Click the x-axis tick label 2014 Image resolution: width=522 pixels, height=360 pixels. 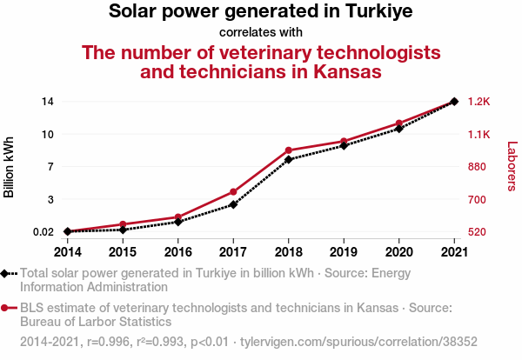click(68, 252)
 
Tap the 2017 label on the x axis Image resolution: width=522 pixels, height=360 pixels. click(233, 252)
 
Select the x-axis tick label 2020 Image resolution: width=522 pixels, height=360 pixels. click(398, 252)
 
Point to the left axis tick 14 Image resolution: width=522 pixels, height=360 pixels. click(47, 101)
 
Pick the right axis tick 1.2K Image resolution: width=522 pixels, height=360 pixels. click(479, 101)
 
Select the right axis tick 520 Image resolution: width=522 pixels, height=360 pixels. click(478, 232)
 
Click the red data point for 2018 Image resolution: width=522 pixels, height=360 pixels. click(288, 150)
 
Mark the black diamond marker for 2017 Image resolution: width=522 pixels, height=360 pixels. click(233, 204)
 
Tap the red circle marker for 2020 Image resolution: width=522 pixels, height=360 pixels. click(398, 123)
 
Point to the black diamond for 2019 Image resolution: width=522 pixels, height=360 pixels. click(344, 145)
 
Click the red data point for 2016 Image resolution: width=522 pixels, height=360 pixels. click(178, 217)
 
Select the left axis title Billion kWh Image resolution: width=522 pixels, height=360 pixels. click(10, 166)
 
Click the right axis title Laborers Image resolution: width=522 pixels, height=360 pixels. click(512, 166)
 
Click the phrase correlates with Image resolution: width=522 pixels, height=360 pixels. click(261, 32)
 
